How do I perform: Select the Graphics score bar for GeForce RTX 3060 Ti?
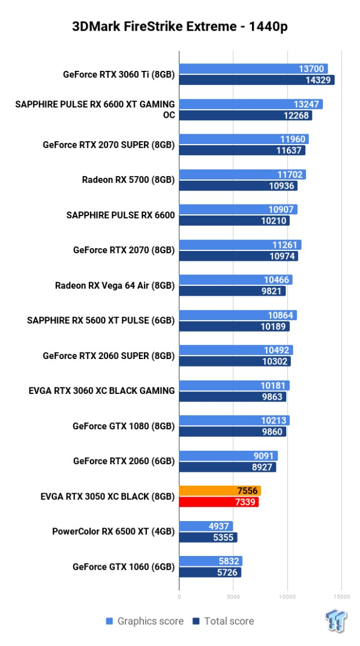point(253,69)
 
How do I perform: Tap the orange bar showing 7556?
point(219,490)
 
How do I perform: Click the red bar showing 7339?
point(218,502)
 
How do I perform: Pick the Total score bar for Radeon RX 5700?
point(238,186)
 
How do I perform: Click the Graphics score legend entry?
point(145,621)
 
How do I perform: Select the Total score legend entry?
point(224,621)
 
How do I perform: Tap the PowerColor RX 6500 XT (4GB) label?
point(113,531)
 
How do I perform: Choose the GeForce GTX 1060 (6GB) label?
point(124,566)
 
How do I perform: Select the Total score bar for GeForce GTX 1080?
point(232,432)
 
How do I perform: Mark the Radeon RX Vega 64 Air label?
point(115,285)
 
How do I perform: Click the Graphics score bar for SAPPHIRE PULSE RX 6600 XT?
point(251,104)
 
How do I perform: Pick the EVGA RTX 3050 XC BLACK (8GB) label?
point(107,496)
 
